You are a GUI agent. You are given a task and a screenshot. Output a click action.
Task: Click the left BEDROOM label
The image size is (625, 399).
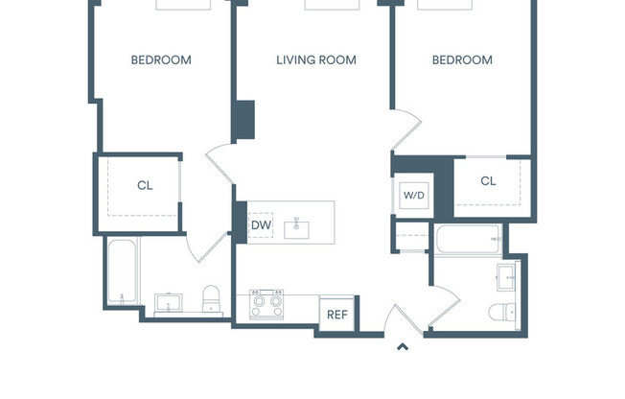click(161, 60)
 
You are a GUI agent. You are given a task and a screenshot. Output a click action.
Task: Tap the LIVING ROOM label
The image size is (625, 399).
click(316, 60)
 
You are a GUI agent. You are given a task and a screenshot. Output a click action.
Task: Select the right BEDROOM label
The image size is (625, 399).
click(462, 60)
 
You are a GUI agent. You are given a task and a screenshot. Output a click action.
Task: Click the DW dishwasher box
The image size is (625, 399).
click(260, 225)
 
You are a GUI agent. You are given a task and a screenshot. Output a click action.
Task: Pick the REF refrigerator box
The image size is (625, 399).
click(336, 315)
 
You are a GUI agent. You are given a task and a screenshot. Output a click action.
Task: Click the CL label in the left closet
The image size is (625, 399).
click(145, 186)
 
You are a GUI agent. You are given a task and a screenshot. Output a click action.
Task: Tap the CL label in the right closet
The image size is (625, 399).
click(488, 181)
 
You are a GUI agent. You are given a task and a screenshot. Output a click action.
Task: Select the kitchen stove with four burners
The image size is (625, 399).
click(266, 305)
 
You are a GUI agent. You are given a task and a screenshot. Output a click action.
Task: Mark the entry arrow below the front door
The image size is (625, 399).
click(403, 347)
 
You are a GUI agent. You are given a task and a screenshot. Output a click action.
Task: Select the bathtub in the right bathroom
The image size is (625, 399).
click(469, 240)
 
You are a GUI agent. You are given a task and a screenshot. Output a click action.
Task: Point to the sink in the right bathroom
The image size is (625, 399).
click(505, 278)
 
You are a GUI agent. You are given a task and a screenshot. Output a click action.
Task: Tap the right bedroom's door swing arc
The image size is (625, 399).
click(406, 129)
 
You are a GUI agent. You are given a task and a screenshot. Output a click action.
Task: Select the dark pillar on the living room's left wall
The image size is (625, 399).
click(244, 122)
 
